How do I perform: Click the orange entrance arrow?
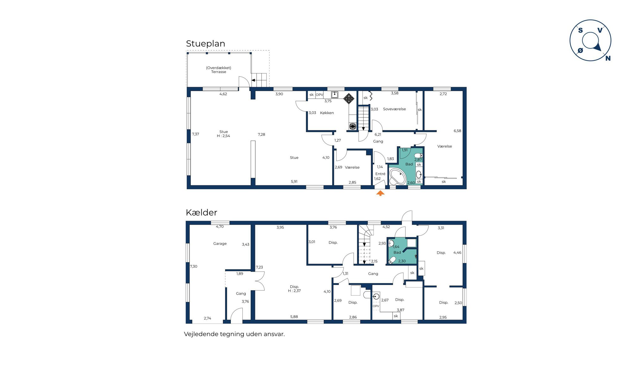380,193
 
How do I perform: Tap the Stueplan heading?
205,44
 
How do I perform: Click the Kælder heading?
201,212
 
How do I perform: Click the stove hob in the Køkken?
349,98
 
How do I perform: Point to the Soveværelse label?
394,109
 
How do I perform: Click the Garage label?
220,244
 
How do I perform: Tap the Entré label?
380,174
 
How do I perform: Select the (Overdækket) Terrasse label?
219,70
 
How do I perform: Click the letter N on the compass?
608,58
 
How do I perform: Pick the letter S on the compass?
581,30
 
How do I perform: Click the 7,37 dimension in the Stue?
196,134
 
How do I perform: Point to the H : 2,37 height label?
294,291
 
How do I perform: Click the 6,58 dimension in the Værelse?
457,131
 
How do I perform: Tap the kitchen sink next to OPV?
335,95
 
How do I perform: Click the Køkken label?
327,113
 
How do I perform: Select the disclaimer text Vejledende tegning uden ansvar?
234,334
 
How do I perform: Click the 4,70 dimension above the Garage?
220,227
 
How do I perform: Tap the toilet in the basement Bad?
392,260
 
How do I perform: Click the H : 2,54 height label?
223,136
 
